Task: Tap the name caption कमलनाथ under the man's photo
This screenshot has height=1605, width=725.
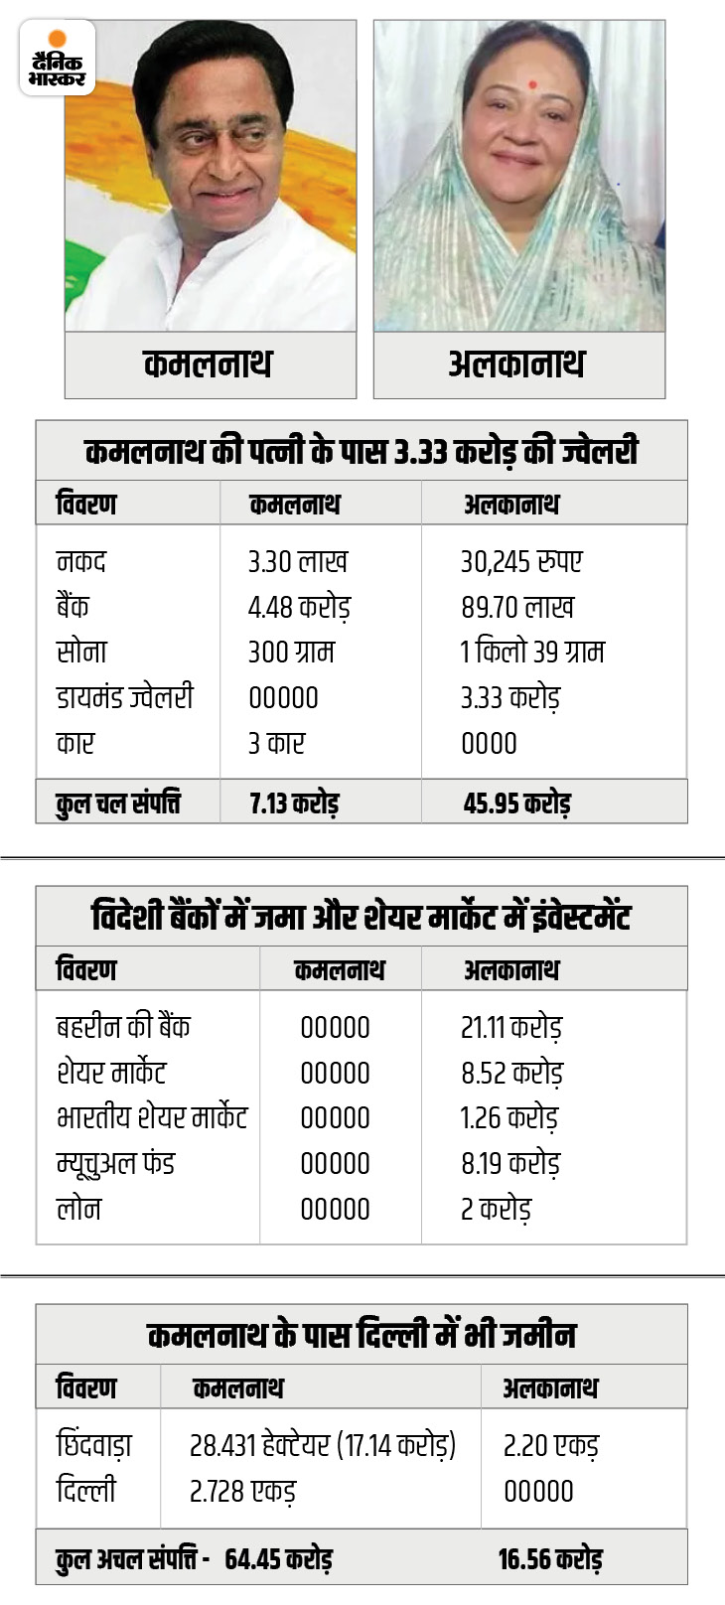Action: pos(208,365)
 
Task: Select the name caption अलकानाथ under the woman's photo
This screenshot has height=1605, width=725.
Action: pos(516,365)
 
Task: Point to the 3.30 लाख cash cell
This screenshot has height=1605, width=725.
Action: pos(297,562)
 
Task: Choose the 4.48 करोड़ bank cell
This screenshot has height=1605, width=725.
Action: pos(299,607)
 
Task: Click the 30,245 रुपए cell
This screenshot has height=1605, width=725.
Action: pos(520,562)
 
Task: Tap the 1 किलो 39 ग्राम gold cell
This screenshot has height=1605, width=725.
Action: pos(531,653)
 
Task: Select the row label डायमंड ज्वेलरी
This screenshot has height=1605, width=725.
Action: pos(124,697)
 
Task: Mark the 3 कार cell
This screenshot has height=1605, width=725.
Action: pos(276,743)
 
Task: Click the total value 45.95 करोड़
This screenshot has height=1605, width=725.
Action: pos(516,802)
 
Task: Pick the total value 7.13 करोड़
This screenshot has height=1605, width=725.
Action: pos(294,802)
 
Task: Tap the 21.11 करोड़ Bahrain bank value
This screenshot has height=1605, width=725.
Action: pos(510,1027)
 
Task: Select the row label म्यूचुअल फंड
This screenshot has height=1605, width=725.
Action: pos(115,1163)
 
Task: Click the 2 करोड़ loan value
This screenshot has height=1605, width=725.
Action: pos(496,1209)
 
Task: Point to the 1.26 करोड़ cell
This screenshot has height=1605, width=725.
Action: pos(508,1117)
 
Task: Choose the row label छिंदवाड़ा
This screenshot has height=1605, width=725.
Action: pos(93,1445)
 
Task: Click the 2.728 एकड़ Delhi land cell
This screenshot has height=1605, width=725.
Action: pos(242,1491)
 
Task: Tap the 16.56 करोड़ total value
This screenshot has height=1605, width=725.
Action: pos(549,1558)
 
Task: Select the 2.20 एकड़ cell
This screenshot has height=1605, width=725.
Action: pos(550,1445)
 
